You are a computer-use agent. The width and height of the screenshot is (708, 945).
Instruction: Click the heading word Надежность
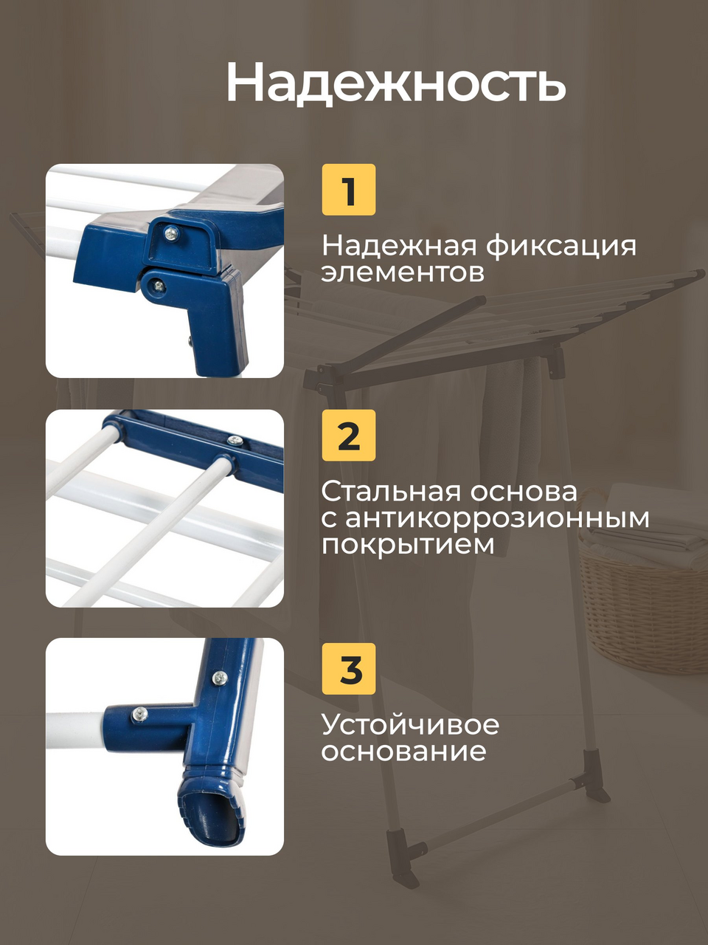coord(395,82)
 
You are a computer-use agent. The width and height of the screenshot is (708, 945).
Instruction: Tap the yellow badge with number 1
coord(349,190)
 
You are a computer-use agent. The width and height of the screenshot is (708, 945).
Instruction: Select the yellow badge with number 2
coord(349,436)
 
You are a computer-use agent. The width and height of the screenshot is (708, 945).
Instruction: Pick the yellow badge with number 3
coord(349,669)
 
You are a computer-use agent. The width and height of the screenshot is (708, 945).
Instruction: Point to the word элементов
coord(403,273)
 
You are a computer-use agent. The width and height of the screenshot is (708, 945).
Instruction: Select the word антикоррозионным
coord(497,518)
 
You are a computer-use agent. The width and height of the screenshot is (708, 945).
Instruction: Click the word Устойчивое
coord(410,724)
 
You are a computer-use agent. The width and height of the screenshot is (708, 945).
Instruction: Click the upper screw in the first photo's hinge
coord(173,233)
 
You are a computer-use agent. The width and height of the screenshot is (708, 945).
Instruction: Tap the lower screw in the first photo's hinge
coord(159,284)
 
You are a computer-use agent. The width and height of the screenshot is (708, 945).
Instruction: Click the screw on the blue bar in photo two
coord(235,440)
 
